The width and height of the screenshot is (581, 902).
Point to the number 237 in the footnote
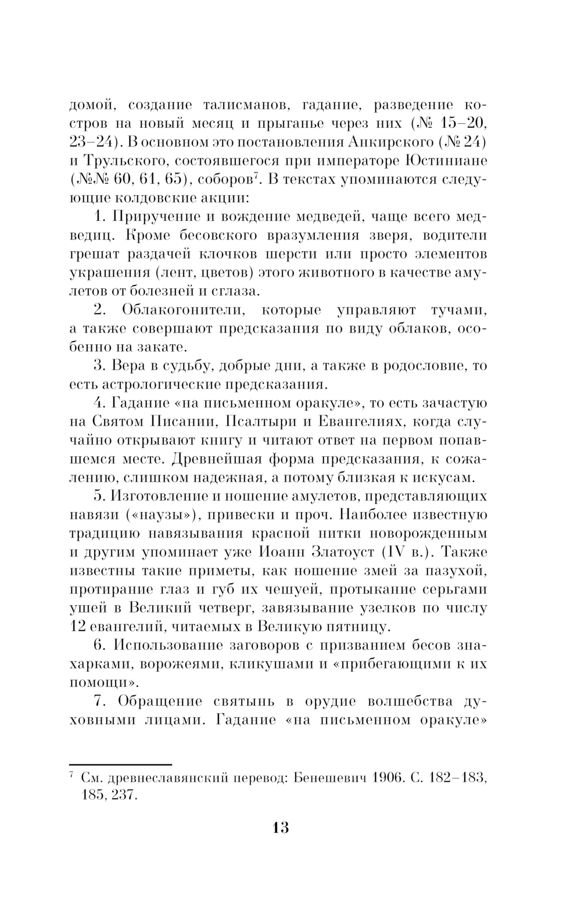[x=123, y=795]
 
